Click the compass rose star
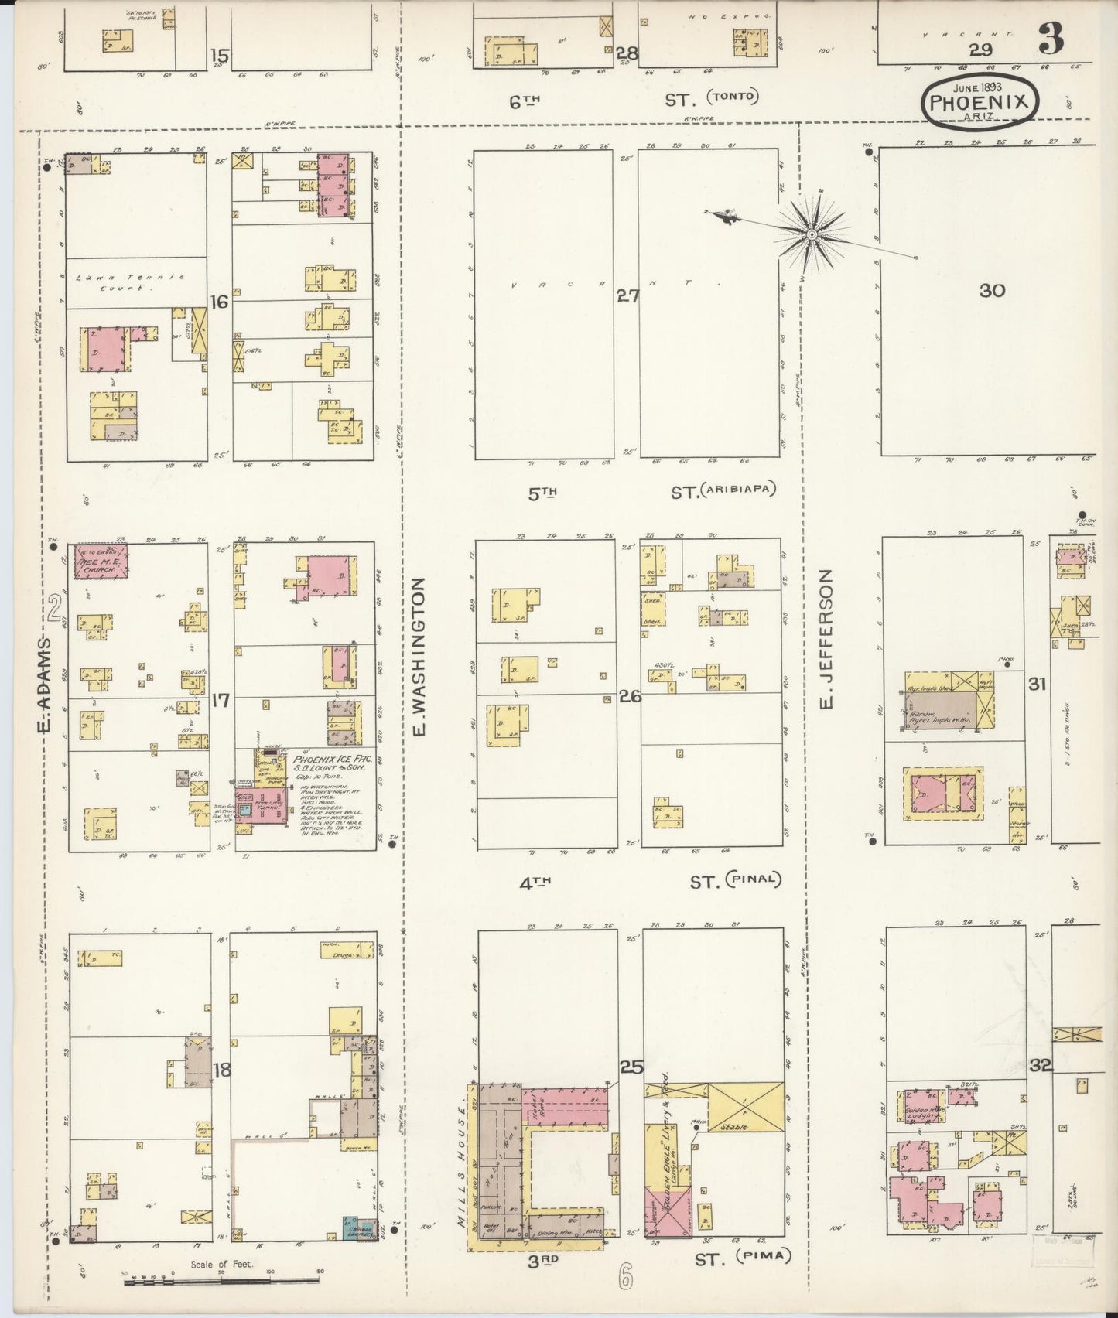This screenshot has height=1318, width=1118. tap(812, 234)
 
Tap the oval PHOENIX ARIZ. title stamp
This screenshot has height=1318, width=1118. tap(980, 100)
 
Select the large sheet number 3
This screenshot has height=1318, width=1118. tap(1050, 38)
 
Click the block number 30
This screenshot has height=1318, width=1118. tap(992, 290)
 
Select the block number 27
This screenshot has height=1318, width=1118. tap(627, 295)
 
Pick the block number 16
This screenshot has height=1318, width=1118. tap(220, 302)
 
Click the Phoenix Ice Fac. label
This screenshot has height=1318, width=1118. tap(333, 760)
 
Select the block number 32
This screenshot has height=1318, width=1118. tap(1041, 1066)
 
